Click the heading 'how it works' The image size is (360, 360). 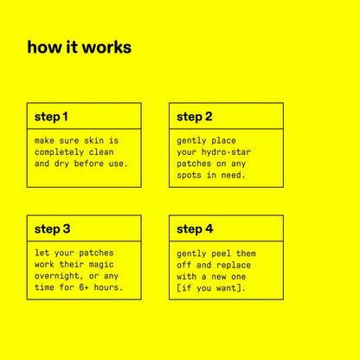pos(80,48)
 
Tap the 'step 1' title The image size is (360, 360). pos(51,117)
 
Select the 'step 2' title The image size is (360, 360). pos(195,117)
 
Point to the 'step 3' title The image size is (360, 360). pos(52,229)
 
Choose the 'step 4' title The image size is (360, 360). pos(195,229)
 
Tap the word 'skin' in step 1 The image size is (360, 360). pos(93,140)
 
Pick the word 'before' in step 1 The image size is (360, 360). pos(88,164)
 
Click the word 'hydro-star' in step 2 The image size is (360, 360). pos(226,152)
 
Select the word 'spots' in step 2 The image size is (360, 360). pos(189,175)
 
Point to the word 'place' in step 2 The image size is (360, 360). pos(223,141)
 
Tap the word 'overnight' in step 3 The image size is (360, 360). pos(56,276)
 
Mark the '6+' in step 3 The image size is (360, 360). pos(84,287)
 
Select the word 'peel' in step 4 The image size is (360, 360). pos(221,254)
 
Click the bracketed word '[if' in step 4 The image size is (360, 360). pos(184,288)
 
